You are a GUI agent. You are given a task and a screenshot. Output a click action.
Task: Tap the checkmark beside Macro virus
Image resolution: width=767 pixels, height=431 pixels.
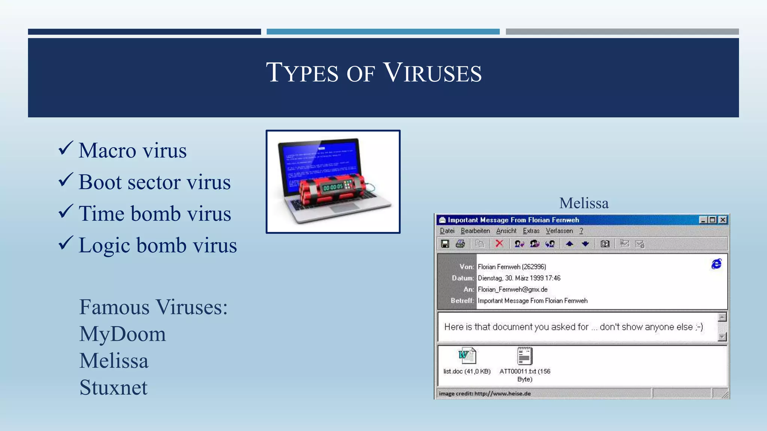tap(65, 149)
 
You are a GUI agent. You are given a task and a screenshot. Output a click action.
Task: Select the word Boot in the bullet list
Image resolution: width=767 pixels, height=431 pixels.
tap(100, 182)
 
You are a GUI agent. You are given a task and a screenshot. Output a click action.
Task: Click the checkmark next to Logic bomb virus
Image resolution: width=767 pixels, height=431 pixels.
tap(65, 243)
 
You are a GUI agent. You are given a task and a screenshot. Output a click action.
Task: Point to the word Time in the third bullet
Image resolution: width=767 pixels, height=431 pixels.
tap(101, 214)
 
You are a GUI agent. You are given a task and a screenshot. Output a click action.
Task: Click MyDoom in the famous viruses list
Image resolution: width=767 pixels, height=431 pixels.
tap(122, 334)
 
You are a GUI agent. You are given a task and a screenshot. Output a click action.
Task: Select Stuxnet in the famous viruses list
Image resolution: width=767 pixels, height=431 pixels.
tap(113, 387)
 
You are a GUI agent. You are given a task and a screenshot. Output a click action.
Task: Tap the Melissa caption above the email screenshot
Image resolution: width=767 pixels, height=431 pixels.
tap(583, 203)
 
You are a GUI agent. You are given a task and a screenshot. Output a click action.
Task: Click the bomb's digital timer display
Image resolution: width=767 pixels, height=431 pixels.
tap(333, 187)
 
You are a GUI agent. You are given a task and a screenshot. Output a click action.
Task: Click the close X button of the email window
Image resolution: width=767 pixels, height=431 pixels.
tap(723, 220)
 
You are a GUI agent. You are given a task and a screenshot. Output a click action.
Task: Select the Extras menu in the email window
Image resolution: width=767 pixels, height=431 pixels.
tap(531, 231)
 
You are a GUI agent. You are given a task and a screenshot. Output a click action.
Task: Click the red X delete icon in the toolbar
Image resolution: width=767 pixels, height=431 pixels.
tap(499, 244)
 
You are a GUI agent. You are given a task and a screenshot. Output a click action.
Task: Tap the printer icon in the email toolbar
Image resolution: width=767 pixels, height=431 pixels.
tap(460, 244)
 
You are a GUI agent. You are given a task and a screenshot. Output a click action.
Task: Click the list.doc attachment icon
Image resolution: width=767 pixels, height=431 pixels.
tap(467, 356)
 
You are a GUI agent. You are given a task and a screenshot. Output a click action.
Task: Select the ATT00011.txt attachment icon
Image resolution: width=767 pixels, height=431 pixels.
tap(524, 356)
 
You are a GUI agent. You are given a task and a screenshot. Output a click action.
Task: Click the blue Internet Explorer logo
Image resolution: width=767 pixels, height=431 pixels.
tap(716, 264)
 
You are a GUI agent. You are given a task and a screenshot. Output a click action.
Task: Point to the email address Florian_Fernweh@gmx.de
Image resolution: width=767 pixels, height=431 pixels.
tap(512, 290)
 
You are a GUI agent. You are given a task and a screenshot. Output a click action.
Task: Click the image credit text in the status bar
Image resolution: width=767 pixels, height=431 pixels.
tap(485, 394)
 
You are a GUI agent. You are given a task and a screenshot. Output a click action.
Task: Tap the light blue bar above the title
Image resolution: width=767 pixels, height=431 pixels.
tap(383, 32)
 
